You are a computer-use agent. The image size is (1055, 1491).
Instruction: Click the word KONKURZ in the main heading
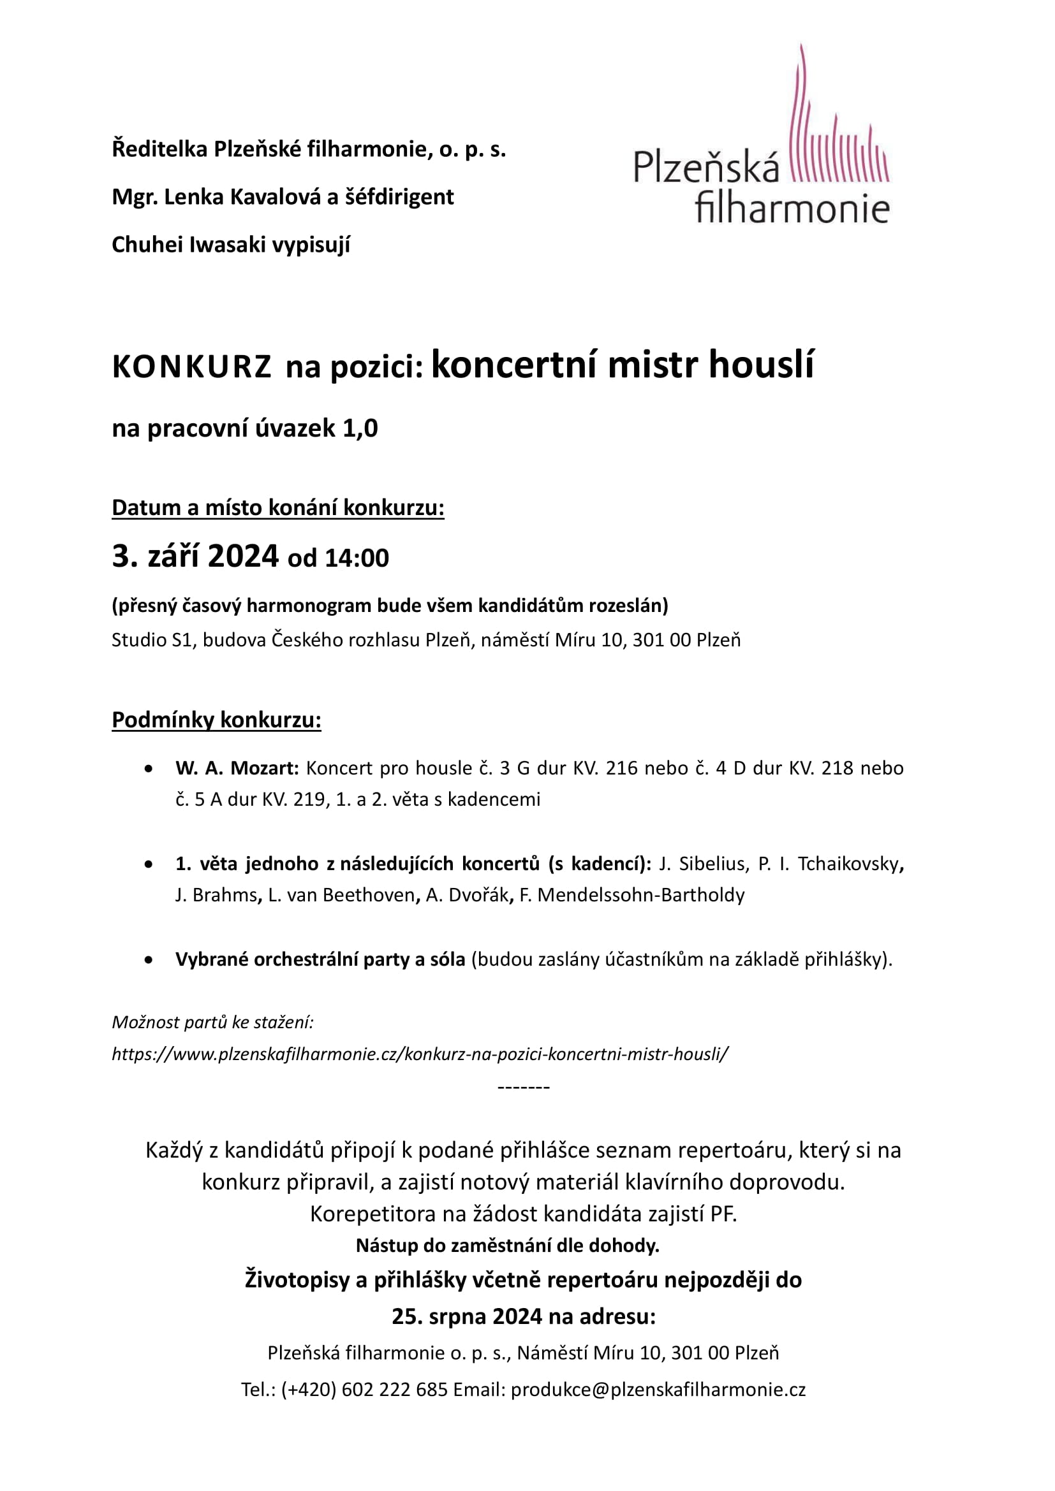click(x=191, y=367)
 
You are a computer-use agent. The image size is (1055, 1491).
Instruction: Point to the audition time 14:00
click(x=357, y=558)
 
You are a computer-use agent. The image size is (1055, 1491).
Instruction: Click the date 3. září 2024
click(x=195, y=556)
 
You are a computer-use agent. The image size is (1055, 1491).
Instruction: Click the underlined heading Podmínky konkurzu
click(x=216, y=720)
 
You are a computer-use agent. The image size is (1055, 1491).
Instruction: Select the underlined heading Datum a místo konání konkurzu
click(x=278, y=507)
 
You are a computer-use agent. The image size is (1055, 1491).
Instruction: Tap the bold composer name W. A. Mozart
click(x=237, y=768)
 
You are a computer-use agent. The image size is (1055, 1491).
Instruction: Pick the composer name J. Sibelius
click(x=702, y=864)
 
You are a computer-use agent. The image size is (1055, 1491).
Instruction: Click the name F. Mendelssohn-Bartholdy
click(x=632, y=895)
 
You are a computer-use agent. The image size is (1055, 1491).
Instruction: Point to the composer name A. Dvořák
click(x=467, y=895)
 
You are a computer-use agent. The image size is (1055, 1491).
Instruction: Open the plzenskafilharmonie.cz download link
click(x=420, y=1053)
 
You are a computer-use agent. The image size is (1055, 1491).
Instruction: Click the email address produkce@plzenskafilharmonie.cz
click(x=658, y=1389)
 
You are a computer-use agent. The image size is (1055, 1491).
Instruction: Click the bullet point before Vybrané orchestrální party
click(x=149, y=960)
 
